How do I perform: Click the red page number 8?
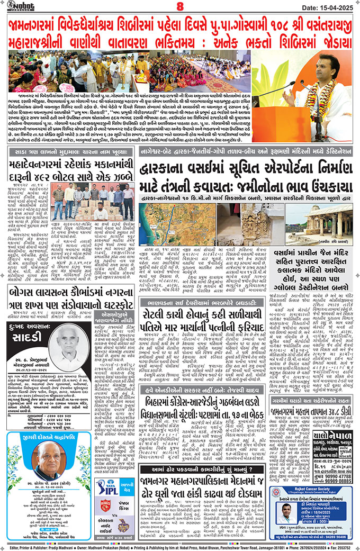179,7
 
